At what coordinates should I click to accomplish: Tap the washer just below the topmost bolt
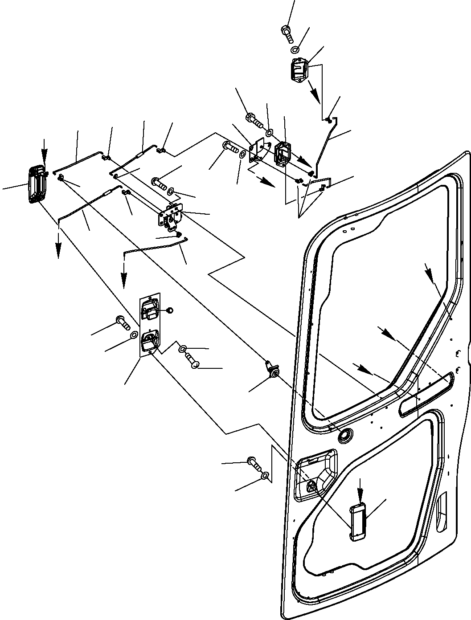295,49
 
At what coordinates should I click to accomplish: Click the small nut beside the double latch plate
169,310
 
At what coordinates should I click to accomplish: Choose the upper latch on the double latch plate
148,309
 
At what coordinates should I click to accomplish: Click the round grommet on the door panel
344,436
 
